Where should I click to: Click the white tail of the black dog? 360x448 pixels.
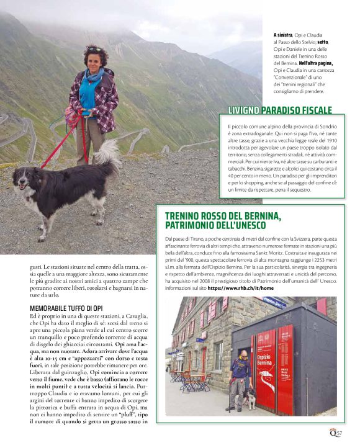[109, 155]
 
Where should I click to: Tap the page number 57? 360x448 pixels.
[340, 433]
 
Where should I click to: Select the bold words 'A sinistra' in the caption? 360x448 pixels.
[284, 35]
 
